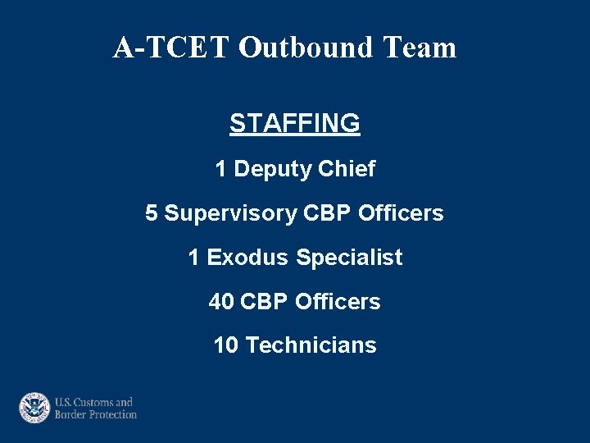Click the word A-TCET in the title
[x=172, y=48]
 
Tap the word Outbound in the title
[x=306, y=48]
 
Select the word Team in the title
[x=419, y=48]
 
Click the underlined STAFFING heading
[x=295, y=123]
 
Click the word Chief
[x=346, y=169]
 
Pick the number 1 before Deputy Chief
[x=220, y=169]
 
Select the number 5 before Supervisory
[x=152, y=213]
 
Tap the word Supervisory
[x=230, y=213]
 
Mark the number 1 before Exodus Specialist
[x=193, y=258]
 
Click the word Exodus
[x=247, y=258]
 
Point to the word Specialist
[x=349, y=258]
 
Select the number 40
[x=221, y=302]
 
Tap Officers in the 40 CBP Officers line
[x=338, y=302]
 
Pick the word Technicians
[x=311, y=345]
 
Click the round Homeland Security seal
[x=34, y=408]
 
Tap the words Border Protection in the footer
[x=96, y=415]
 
